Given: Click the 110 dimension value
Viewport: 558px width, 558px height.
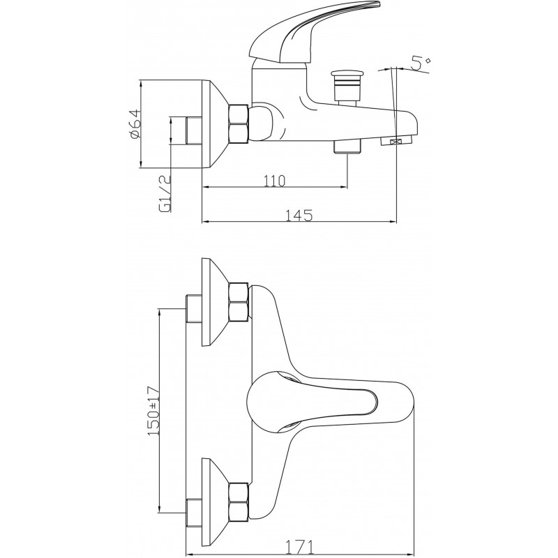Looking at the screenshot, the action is click(274, 181).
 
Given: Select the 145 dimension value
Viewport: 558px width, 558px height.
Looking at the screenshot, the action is click(299, 216).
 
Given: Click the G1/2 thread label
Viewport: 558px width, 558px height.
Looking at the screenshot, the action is click(166, 194).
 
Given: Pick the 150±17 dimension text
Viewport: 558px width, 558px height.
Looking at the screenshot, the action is click(153, 411).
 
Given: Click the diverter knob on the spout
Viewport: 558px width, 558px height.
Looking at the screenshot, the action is click(345, 87).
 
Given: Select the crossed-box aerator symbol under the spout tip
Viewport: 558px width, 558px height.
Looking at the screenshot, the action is click(394, 142).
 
